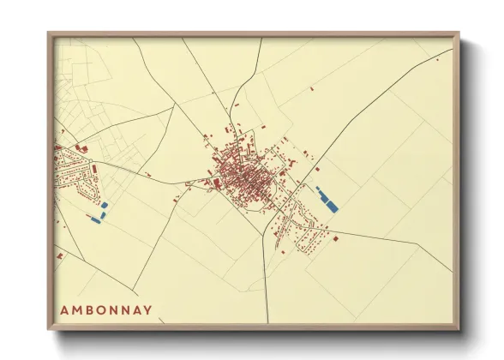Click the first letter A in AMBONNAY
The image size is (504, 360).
[63, 310]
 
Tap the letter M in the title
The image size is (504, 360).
[76, 310]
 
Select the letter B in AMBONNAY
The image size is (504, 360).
[89, 310]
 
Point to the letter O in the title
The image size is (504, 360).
[102, 310]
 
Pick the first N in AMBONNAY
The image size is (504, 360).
[115, 310]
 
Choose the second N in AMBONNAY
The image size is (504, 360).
[128, 310]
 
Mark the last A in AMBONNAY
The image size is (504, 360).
[140, 310]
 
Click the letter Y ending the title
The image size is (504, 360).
[151, 310]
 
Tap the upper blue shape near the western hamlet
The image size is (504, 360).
[105, 206]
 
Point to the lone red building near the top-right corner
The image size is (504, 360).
[436, 60]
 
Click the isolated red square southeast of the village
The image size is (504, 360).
[336, 238]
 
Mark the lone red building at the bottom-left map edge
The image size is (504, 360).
[59, 255]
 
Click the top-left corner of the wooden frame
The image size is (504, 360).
[48, 33]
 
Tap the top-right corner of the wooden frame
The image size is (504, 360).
[459, 33]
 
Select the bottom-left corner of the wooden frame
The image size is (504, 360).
[48, 330]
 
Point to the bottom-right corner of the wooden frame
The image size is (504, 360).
[459, 330]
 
